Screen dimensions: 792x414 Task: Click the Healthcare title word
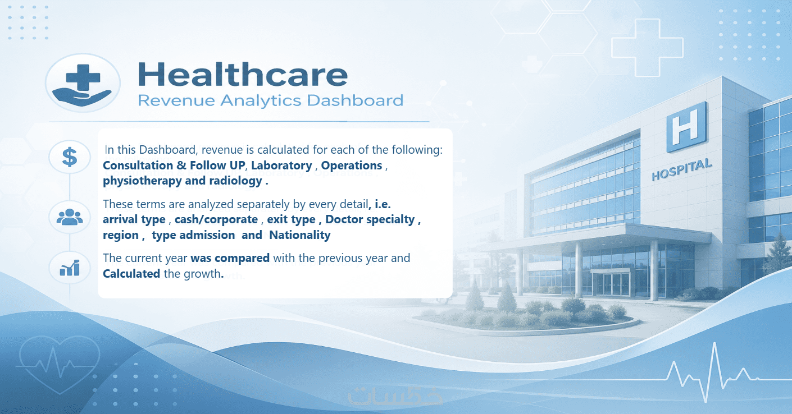pyautogui.click(x=243, y=74)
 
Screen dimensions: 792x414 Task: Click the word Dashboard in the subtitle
pyautogui.click(x=355, y=100)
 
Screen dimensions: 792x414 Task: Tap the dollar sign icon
pyautogui.click(x=70, y=157)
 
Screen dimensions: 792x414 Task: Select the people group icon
pyautogui.click(x=70, y=217)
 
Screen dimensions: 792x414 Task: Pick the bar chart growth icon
pyautogui.click(x=70, y=268)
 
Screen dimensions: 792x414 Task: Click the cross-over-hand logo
pyautogui.click(x=82, y=84)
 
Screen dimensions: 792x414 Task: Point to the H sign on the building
pyautogui.click(x=686, y=127)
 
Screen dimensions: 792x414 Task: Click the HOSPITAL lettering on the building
pyautogui.click(x=681, y=169)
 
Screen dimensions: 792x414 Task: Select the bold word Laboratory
pyautogui.click(x=281, y=165)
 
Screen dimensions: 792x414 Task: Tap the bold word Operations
pyautogui.click(x=352, y=165)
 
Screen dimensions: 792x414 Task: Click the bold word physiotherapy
pyautogui.click(x=142, y=181)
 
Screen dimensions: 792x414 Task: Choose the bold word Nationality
pyautogui.click(x=300, y=235)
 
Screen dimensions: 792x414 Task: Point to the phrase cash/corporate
pyautogui.click(x=216, y=219)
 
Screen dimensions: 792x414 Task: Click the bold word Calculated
pyautogui.click(x=131, y=274)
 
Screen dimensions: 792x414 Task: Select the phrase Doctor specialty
pyautogui.click(x=370, y=219)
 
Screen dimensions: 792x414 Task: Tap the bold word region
pyautogui.click(x=121, y=235)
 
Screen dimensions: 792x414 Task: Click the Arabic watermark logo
pyautogui.click(x=395, y=395)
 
